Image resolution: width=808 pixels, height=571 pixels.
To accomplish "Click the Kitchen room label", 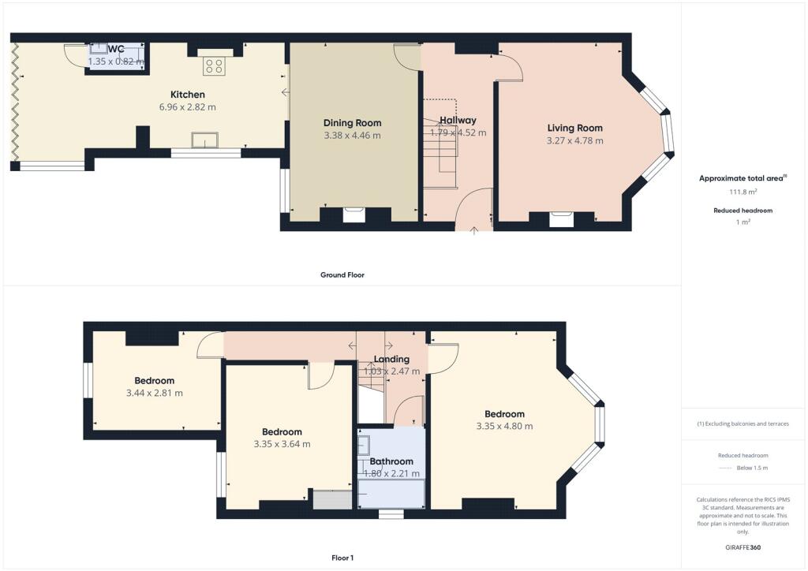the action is (x=188, y=95).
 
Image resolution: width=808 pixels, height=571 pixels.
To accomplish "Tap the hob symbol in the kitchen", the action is (x=214, y=66).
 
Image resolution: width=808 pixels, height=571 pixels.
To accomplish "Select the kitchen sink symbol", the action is (x=204, y=140).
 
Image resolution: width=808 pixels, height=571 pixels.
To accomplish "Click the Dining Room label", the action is (x=353, y=123).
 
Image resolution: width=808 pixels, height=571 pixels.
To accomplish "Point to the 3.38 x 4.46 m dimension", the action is (x=353, y=136).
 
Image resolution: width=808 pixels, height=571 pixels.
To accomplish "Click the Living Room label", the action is (x=575, y=129).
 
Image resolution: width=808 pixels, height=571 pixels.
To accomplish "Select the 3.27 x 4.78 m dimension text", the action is (x=575, y=140).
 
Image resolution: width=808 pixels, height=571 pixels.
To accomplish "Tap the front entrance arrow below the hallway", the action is (x=474, y=230).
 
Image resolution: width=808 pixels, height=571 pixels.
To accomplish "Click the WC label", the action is (x=117, y=49).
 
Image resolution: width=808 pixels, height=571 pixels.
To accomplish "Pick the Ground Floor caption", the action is (x=342, y=275).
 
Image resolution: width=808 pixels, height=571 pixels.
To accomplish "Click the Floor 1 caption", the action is (x=342, y=558).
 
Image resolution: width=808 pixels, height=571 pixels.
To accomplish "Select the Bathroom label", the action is (x=391, y=461).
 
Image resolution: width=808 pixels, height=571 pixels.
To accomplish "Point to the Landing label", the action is (x=391, y=359).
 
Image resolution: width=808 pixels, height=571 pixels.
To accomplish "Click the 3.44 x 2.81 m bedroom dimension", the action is (x=155, y=393).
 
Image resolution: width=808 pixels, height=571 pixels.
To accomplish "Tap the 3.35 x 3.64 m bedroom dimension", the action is (x=282, y=444).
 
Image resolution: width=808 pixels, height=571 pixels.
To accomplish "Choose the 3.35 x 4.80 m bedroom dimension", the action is (x=504, y=427).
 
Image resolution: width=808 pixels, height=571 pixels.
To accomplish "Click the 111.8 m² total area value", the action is (x=743, y=192).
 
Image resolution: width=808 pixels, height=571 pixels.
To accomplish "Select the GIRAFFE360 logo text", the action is (x=743, y=547).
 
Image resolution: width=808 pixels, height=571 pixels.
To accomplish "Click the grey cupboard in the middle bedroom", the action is (x=332, y=500).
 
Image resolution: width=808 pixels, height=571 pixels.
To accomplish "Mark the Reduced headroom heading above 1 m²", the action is (x=743, y=211).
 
